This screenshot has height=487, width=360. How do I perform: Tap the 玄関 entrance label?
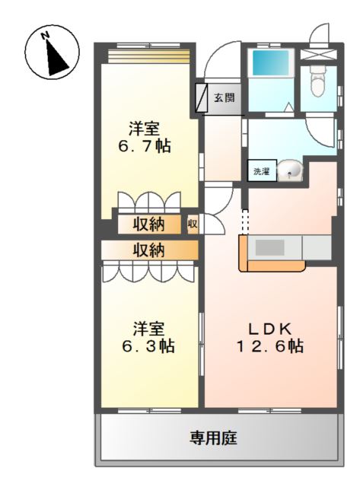click(x=223, y=97)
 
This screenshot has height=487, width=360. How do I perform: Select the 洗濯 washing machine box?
click(x=261, y=172)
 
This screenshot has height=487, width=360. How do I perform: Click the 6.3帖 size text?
click(x=148, y=346)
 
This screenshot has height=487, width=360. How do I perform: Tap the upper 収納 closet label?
click(x=149, y=224)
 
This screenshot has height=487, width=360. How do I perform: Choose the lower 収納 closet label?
click(x=149, y=250)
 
